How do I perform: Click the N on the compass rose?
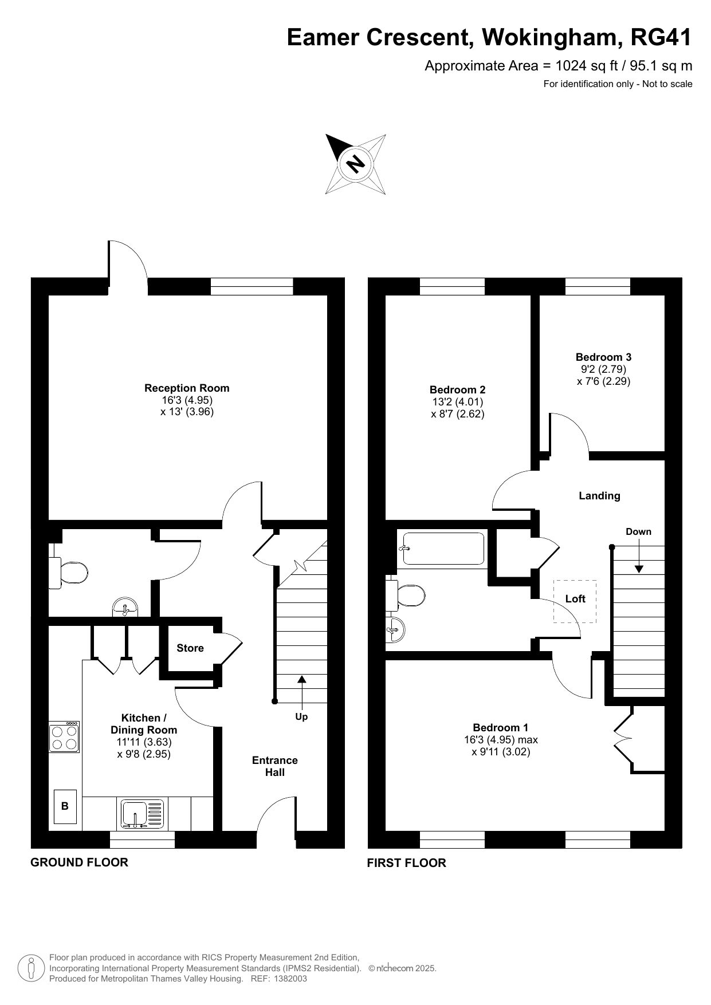(x=356, y=164)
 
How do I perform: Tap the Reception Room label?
(x=187, y=388)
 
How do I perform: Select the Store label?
(x=190, y=648)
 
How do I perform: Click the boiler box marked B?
(x=65, y=806)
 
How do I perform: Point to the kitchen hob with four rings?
(x=64, y=737)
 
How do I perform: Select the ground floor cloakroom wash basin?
(x=125, y=607)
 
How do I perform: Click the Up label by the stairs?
(x=301, y=717)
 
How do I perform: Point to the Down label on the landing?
(x=638, y=531)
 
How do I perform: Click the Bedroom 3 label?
(x=604, y=357)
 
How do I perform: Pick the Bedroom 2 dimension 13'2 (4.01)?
(x=458, y=402)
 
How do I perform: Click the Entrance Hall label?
(x=275, y=766)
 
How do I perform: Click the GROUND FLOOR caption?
(x=79, y=862)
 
